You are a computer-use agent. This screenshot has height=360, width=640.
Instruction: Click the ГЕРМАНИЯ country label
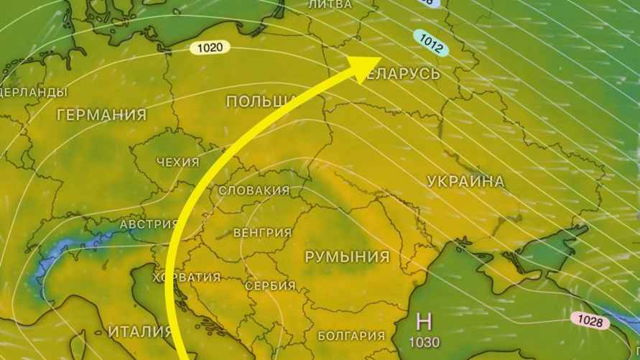[x=101, y=115]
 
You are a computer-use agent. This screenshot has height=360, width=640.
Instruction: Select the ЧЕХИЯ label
[x=177, y=162]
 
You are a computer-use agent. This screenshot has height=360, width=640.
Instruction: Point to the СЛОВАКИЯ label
[x=254, y=190]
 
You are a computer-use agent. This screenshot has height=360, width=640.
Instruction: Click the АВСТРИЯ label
[x=149, y=224]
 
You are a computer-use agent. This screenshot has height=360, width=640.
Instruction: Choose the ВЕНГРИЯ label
[x=263, y=233]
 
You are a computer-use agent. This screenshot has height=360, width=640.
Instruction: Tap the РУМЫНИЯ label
[x=347, y=257]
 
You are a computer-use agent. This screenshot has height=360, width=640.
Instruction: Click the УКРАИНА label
[x=465, y=182]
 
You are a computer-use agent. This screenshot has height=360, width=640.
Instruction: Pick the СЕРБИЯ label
[x=270, y=286]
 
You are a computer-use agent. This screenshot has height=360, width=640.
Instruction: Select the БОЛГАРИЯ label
[x=351, y=336]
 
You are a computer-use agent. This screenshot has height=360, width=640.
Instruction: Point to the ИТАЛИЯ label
[x=139, y=332]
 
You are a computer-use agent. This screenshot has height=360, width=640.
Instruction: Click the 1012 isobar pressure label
[x=431, y=43]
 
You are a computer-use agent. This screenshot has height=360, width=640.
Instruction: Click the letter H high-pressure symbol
[x=424, y=321]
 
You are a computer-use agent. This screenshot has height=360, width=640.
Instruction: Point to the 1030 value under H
[x=425, y=343]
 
